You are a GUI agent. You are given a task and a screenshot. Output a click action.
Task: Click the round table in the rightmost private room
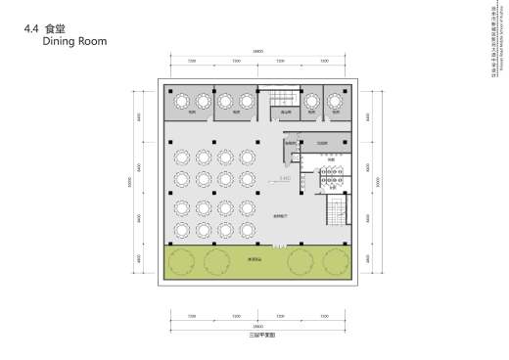click(x=336, y=101)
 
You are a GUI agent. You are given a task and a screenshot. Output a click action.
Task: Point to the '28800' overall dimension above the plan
click(x=258, y=51)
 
